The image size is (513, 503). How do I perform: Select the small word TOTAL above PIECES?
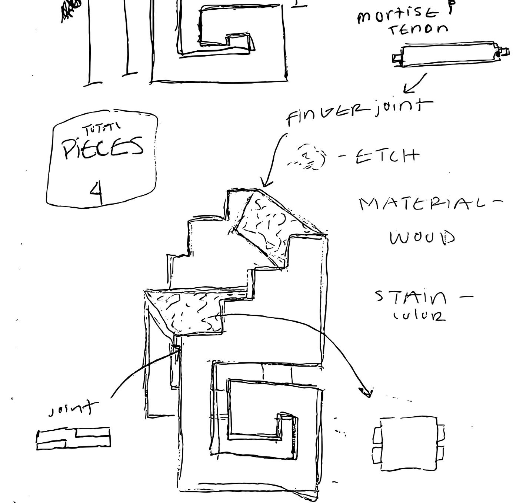pyautogui.click(x=101, y=130)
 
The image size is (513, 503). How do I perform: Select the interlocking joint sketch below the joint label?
pyautogui.click(x=73, y=439)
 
